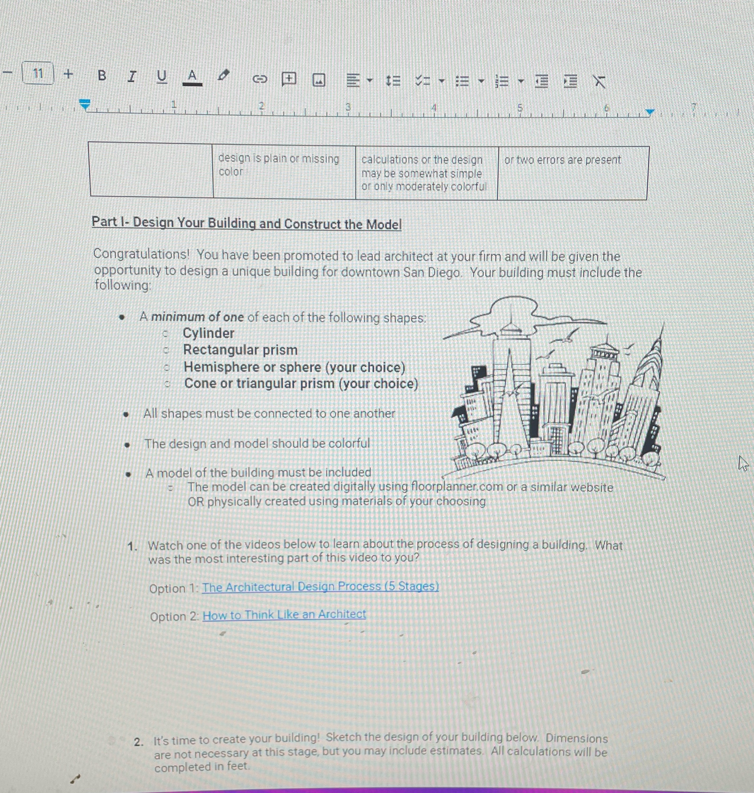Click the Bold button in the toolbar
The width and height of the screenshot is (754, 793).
[x=102, y=75]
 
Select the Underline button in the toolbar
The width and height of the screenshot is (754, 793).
[x=162, y=76]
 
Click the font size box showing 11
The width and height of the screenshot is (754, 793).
[x=38, y=73]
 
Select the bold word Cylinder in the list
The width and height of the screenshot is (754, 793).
[x=208, y=333]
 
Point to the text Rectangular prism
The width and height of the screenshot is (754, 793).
[x=240, y=350]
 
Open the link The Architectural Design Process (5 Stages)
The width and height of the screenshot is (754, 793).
[x=320, y=587]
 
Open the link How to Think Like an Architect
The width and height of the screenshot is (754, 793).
[x=284, y=614]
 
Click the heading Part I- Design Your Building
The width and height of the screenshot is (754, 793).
[x=246, y=223]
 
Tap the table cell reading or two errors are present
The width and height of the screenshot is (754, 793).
[x=563, y=160]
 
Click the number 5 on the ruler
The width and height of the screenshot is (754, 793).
[x=520, y=108]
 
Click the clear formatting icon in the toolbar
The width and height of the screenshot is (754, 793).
[x=599, y=82]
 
